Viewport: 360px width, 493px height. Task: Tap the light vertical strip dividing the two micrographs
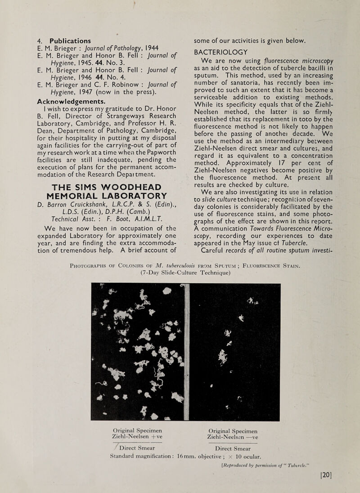tap(188, 351)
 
